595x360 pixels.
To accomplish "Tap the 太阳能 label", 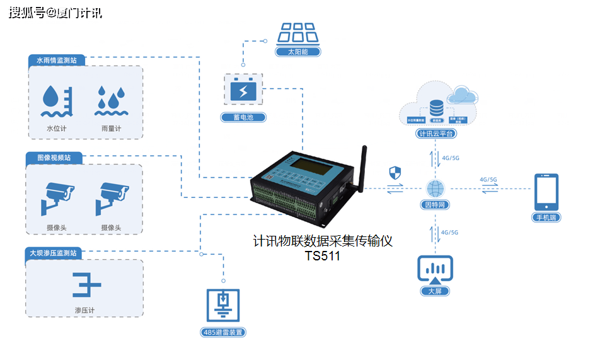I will click(x=298, y=52).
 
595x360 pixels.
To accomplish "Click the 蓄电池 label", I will click(x=243, y=117).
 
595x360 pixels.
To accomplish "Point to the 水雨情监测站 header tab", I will click(x=56, y=61).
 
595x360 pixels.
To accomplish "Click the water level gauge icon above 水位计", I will click(x=56, y=101).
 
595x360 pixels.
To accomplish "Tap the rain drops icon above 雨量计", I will click(x=111, y=101).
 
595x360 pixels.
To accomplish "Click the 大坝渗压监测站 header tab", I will click(x=55, y=253).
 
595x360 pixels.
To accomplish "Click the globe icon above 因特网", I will click(x=435, y=189).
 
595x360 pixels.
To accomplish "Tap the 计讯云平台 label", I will click(x=436, y=134).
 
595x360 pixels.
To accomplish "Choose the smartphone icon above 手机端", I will click(x=546, y=192).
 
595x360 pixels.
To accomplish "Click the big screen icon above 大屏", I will click(x=435, y=269).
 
